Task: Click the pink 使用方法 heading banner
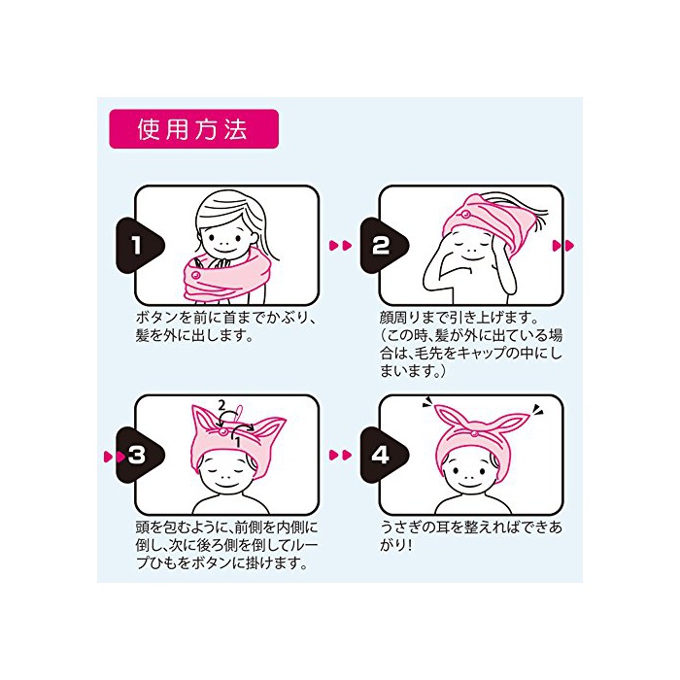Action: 193,129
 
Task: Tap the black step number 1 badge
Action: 140,246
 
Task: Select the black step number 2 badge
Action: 384,246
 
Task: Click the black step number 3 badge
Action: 140,455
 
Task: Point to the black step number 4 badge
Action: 384,455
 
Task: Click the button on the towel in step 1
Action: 195,275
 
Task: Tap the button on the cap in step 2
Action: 465,215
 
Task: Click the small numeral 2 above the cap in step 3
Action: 221,405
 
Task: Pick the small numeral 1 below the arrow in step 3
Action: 238,442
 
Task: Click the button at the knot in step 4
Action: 475,432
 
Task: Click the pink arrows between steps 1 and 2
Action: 341,246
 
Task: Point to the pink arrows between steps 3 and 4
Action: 341,455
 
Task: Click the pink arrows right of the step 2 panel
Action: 563,246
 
